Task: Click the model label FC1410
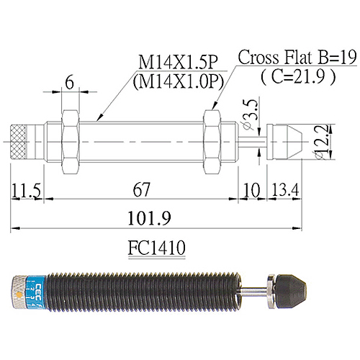[156, 248]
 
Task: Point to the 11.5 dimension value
[25, 191]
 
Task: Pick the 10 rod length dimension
[252, 191]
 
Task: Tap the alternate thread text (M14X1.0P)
[176, 82]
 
